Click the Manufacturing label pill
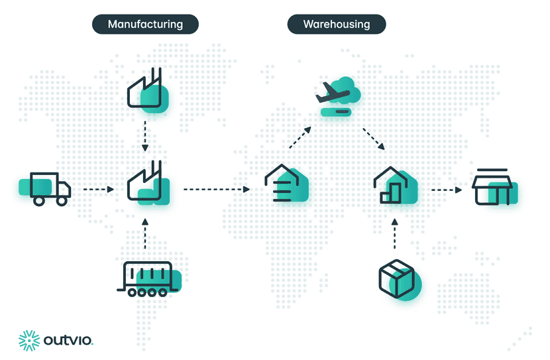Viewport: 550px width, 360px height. pyautogui.click(x=145, y=25)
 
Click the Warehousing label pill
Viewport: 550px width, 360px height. pyautogui.click(x=337, y=25)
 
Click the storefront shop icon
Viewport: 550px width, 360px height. pyautogui.click(x=493, y=188)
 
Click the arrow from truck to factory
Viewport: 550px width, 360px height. pyautogui.click(x=99, y=190)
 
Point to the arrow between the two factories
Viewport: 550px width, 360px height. pyautogui.click(x=146, y=136)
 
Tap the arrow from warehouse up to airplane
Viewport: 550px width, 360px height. pyautogui.click(x=299, y=138)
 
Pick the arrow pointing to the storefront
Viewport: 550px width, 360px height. pyautogui.click(x=446, y=190)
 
